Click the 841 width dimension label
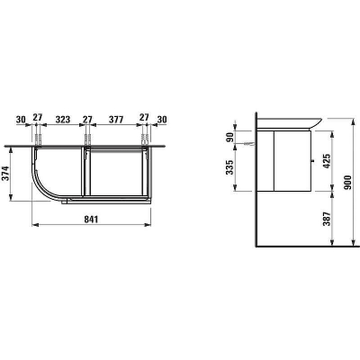pos(91,220)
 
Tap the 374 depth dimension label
pos(6,174)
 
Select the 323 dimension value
pos(63,120)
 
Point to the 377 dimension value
pos(116,120)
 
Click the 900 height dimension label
pos(348,182)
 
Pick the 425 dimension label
pos(327,161)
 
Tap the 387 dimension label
pos(327,219)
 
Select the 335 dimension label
pos(230,167)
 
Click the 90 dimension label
pos(230,138)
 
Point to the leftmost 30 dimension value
pos(21,120)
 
